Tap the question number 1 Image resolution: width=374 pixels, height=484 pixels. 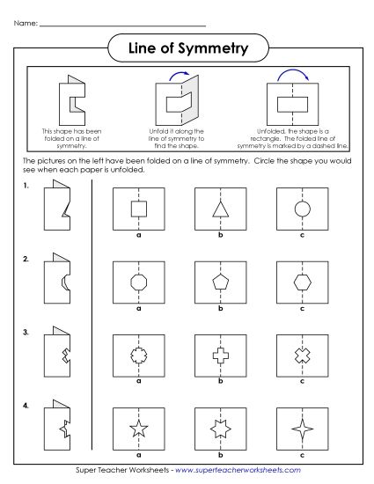26,187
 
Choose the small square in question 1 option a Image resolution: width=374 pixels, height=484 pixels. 138,209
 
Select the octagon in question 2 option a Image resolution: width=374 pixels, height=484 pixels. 138,283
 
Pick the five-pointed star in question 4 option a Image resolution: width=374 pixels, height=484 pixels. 138,430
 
